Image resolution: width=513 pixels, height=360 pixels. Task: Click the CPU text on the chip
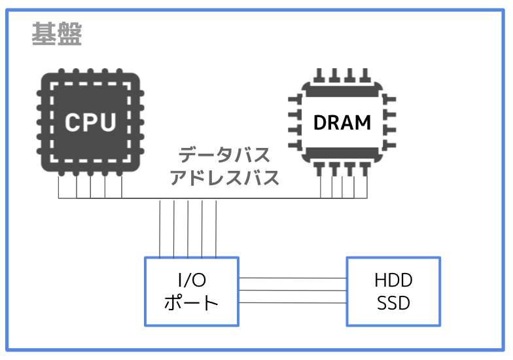click(x=90, y=122)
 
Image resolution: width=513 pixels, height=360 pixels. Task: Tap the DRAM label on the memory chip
click(x=342, y=122)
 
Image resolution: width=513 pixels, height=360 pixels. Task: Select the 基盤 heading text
click(x=56, y=34)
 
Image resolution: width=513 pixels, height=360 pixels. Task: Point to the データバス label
click(x=224, y=154)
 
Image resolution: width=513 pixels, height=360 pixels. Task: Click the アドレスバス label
click(x=224, y=178)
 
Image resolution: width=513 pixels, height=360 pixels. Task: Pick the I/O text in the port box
click(x=192, y=280)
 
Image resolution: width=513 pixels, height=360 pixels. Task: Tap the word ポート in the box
click(x=191, y=302)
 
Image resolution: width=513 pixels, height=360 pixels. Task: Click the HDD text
click(x=393, y=280)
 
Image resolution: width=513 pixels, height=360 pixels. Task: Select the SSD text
click(x=393, y=303)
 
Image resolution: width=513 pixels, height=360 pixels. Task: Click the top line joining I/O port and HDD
click(x=293, y=278)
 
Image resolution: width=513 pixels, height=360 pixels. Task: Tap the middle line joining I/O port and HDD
click(x=293, y=291)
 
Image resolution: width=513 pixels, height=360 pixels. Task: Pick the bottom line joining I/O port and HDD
click(x=293, y=302)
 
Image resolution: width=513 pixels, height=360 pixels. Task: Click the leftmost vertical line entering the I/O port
click(x=160, y=229)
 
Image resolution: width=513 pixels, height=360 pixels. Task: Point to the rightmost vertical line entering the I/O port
click(x=216, y=229)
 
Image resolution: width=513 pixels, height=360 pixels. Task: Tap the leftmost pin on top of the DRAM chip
click(x=319, y=75)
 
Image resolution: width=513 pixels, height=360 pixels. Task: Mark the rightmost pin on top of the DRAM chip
click(x=365, y=75)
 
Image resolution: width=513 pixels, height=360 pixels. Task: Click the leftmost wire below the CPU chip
click(x=59, y=187)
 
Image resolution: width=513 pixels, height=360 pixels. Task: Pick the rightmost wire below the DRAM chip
click(x=367, y=187)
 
